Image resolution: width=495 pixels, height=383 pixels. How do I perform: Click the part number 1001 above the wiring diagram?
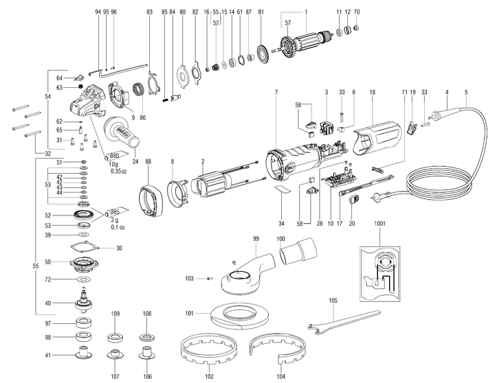379,224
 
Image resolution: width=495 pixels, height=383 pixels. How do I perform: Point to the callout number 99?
256,239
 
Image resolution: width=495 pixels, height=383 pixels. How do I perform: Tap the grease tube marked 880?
116,154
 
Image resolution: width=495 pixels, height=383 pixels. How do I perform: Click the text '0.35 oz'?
119,171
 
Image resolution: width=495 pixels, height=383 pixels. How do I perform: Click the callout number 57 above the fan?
287,23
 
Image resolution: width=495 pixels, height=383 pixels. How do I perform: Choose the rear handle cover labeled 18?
377,139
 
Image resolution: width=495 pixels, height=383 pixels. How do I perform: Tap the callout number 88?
148,162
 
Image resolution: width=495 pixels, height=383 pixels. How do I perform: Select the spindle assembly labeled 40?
84,301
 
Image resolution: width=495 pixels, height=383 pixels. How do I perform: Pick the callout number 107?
115,376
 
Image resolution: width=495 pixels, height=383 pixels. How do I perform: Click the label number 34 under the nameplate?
281,224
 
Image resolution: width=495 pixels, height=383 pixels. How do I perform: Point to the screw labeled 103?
210,278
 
